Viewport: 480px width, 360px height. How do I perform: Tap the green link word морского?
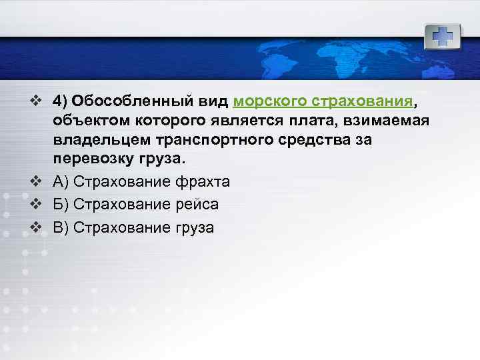[269, 101]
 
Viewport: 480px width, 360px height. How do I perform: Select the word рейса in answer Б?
[195, 204]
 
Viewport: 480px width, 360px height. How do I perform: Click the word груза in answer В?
[193, 227]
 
